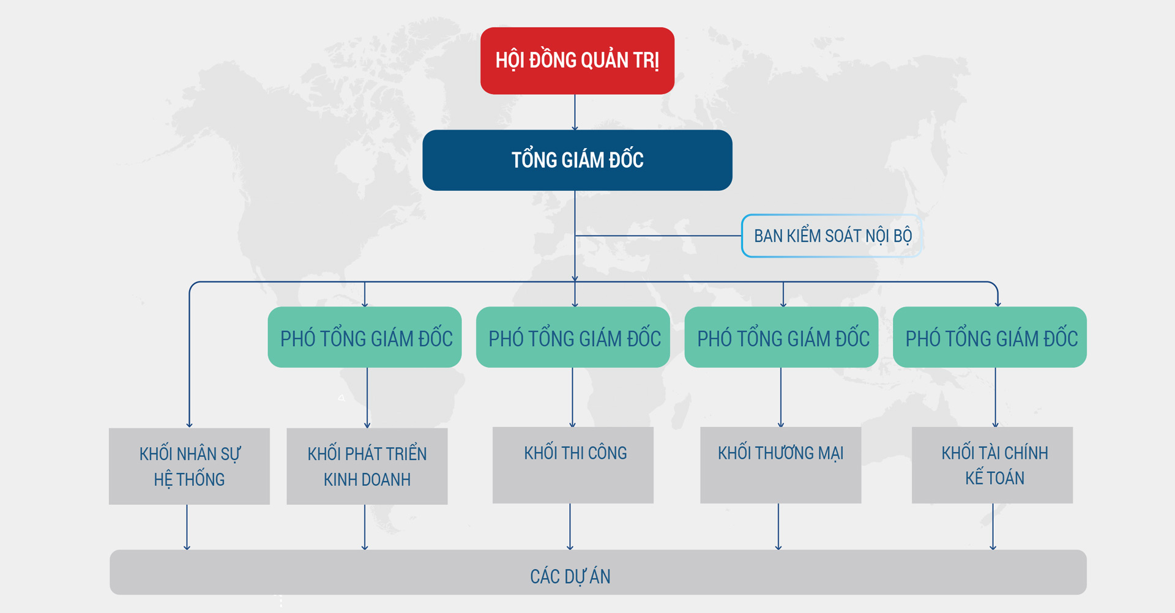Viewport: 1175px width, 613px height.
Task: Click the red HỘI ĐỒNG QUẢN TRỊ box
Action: (x=577, y=61)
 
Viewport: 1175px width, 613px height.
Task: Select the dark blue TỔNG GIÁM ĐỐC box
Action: (x=577, y=160)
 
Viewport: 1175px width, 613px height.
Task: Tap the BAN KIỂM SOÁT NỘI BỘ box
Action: (x=832, y=236)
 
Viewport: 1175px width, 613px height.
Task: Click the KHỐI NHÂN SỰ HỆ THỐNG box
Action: (x=189, y=466)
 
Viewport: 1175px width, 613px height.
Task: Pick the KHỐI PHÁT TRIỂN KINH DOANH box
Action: (x=367, y=466)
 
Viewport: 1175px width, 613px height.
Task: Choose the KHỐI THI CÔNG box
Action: (x=573, y=465)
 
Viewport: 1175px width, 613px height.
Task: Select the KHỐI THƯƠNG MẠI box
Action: (x=780, y=465)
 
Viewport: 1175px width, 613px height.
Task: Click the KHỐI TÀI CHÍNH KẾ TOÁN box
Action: (x=992, y=465)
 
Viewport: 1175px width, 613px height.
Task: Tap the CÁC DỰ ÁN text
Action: (x=570, y=576)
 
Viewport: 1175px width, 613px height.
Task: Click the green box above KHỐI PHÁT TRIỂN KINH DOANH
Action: (x=365, y=337)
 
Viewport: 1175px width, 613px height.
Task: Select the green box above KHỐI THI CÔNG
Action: (x=573, y=337)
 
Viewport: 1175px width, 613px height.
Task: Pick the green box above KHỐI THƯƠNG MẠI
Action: (x=781, y=337)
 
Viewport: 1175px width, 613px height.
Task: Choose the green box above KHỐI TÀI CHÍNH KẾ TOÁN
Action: (x=990, y=337)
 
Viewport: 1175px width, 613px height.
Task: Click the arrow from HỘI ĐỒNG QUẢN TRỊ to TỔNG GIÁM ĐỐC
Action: (x=575, y=112)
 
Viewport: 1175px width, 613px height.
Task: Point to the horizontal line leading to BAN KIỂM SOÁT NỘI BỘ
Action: (x=658, y=236)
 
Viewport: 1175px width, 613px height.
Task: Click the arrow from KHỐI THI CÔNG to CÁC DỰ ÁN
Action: (x=570, y=527)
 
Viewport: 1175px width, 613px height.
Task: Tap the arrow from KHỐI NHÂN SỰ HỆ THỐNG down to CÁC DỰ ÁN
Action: (x=187, y=527)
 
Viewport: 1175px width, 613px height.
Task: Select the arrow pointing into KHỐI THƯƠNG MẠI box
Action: (x=781, y=397)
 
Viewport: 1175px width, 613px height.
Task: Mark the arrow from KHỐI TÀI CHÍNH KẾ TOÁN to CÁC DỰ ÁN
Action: (x=993, y=527)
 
